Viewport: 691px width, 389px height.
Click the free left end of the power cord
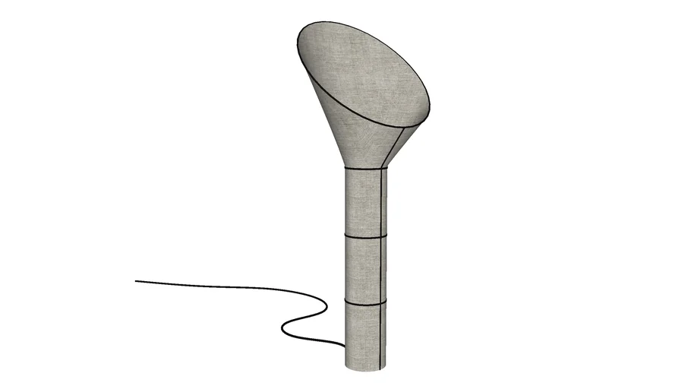click(x=137, y=282)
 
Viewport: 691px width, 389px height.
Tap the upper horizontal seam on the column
click(x=365, y=237)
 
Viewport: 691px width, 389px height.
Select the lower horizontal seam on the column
click(x=365, y=303)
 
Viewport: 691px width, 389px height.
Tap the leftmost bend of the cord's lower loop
click(x=282, y=329)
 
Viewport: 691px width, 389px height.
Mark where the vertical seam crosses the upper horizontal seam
click(x=378, y=237)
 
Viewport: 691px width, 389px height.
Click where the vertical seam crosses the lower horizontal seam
click(x=378, y=303)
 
